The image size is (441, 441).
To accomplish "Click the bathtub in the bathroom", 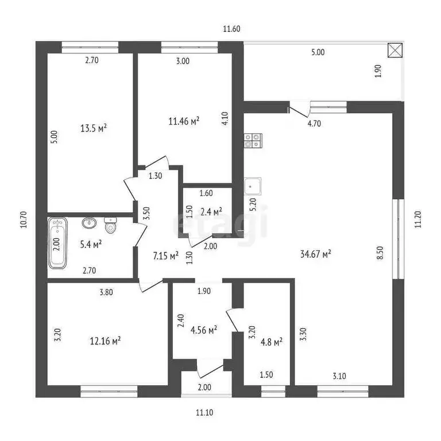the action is click(x=57, y=243).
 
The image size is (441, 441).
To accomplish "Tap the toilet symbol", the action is click(x=110, y=225).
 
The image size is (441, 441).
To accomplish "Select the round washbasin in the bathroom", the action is click(x=89, y=223).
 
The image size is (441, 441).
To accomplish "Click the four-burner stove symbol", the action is click(x=253, y=141).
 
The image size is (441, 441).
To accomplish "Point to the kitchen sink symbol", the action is click(x=252, y=186).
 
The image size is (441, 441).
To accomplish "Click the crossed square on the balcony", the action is click(x=395, y=51).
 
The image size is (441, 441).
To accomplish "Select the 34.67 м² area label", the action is click(x=316, y=254).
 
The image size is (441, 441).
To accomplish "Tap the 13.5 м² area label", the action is click(x=94, y=128).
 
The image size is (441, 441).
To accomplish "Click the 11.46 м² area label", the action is click(x=184, y=121).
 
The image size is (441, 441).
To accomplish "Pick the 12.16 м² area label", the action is click(x=105, y=341).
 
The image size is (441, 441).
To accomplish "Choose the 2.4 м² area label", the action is click(x=211, y=211).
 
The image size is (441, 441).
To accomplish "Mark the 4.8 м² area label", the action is click(x=272, y=342).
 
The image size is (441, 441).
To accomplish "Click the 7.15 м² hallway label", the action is click(x=165, y=256).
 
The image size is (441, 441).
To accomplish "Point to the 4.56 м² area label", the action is click(x=204, y=330).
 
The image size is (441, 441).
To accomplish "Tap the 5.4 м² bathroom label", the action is click(x=91, y=244).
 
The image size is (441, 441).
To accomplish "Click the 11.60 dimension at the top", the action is click(x=232, y=29).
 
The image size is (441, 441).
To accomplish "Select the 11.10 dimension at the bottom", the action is click(x=204, y=413).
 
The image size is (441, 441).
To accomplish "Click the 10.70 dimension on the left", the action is click(x=24, y=219).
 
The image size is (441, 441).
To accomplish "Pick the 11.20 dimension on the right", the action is click(x=418, y=219).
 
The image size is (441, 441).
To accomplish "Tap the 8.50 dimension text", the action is click(x=380, y=253).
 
